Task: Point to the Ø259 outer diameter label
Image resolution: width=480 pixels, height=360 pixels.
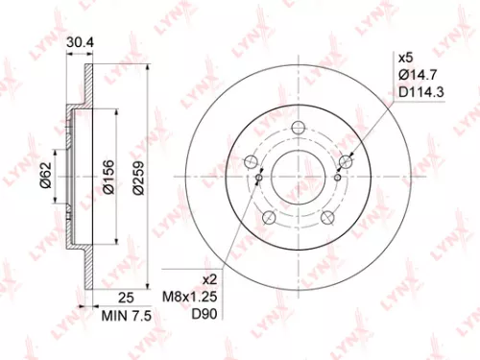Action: [x=139, y=176]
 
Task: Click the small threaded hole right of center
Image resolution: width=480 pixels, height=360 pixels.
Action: [x=339, y=177]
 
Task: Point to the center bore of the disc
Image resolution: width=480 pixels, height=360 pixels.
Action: [x=300, y=175]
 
